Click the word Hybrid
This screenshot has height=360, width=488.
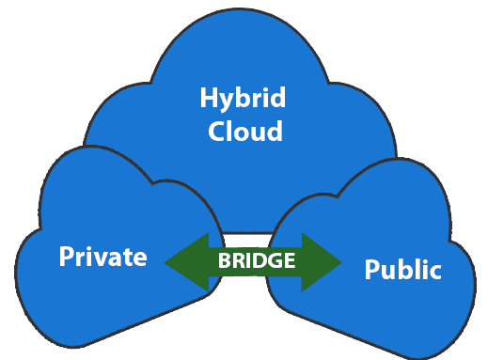click(x=244, y=99)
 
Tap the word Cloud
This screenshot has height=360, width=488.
click(x=244, y=130)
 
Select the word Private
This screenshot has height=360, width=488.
click(x=103, y=257)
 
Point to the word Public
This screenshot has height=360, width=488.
click(x=402, y=270)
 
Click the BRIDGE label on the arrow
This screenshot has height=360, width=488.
click(x=257, y=261)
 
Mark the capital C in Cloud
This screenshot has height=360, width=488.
click(x=216, y=130)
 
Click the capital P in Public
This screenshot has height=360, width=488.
click(x=371, y=270)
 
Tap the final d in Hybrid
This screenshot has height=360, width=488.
click(x=277, y=98)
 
